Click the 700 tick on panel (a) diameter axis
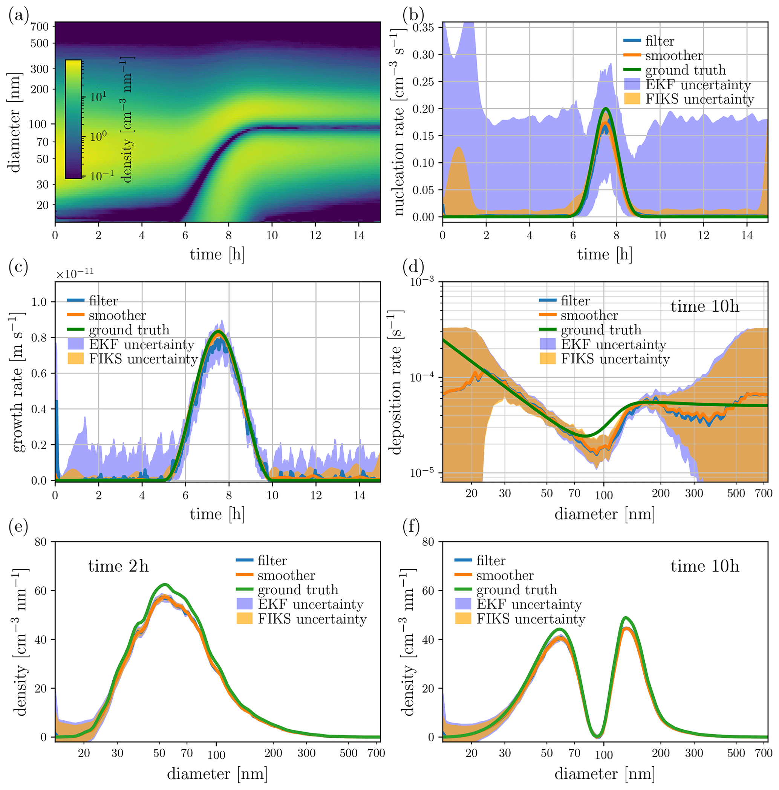[x=40, y=27]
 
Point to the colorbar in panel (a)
[x=73, y=119]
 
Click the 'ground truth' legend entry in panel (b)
[x=685, y=70]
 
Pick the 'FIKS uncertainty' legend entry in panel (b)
[x=699, y=99]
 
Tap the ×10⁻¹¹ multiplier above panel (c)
[x=75, y=273]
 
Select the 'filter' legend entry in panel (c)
[x=103, y=301]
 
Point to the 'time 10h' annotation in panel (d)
[x=704, y=306]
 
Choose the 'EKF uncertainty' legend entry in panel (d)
[x=613, y=344]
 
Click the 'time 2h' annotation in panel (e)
[x=118, y=566]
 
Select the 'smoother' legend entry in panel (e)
[x=286, y=575]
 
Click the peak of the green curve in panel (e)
[x=164, y=584]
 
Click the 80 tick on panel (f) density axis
[x=429, y=542]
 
